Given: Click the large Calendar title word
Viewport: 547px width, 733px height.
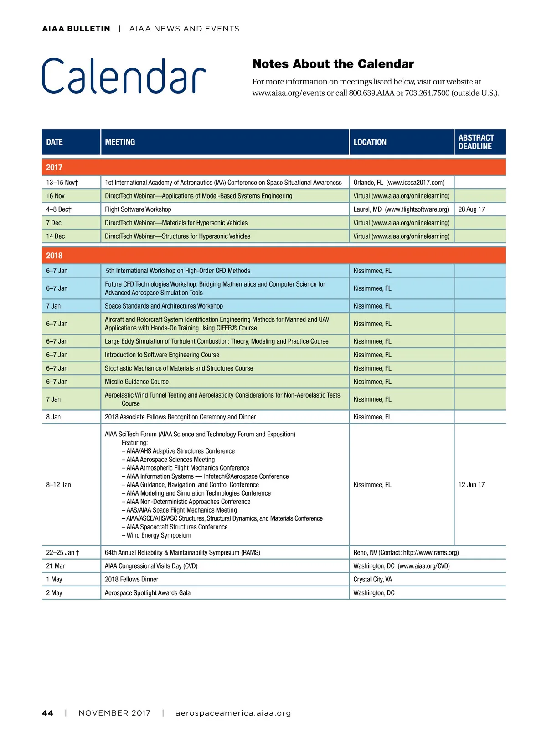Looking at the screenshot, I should click(x=124, y=76).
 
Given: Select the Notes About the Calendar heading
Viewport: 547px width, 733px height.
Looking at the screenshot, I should click(x=333, y=64).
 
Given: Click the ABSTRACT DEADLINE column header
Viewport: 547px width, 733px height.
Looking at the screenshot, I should click(x=476, y=142).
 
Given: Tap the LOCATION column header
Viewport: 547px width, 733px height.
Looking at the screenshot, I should click(x=370, y=142).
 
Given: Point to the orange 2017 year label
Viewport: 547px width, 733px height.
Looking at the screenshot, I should click(x=54, y=168).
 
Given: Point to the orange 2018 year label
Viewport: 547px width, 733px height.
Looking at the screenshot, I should click(x=54, y=256).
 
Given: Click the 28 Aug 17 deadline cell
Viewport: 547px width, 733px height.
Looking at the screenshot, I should click(x=471, y=209).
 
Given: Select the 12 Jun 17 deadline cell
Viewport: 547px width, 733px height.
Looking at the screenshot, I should click(x=471, y=485).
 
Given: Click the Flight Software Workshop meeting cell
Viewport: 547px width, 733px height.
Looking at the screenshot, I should click(x=138, y=209).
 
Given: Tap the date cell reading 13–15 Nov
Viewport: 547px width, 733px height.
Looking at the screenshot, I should click(x=62, y=183).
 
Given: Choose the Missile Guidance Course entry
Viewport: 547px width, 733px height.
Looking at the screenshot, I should click(x=137, y=382).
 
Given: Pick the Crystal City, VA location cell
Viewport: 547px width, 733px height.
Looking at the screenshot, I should click(x=372, y=580).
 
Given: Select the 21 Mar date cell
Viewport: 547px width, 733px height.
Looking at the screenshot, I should click(x=56, y=566).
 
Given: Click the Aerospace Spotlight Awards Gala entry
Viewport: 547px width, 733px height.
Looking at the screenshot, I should click(x=148, y=593).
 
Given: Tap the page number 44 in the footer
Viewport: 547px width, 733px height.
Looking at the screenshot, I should click(x=47, y=713).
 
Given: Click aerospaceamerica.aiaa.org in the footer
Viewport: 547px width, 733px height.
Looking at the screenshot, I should click(x=233, y=713).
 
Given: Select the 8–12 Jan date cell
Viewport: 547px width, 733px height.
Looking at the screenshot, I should click(x=59, y=485).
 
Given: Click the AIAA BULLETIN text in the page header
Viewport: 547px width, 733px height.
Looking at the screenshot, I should click(x=76, y=29).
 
